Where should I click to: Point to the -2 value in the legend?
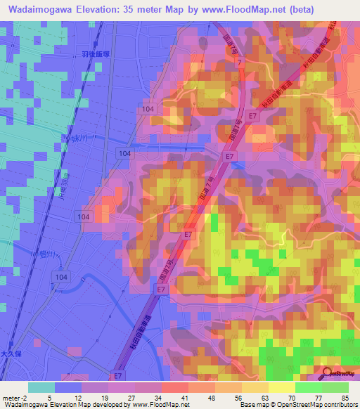pyautogui.click(x=26, y=397)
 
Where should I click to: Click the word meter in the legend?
pyautogui.click(x=12, y=397)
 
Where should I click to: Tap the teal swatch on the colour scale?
pyautogui.click(x=41, y=387)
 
